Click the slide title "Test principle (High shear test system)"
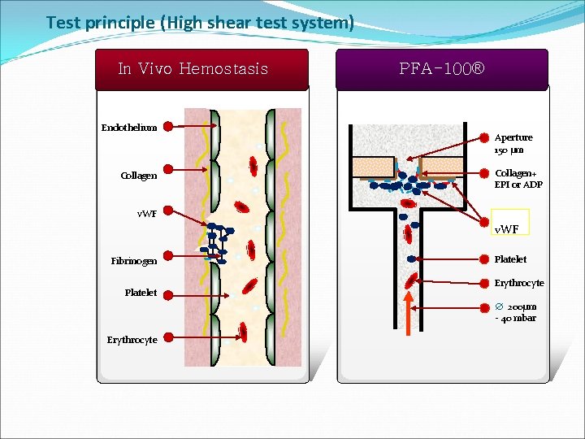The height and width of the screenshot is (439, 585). coord(200,23)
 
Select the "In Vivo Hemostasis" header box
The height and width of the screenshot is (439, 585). coord(193,69)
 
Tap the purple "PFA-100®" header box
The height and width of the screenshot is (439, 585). coord(442,69)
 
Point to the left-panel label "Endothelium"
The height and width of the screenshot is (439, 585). coord(129,128)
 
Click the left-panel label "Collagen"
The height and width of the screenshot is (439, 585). coord(138,176)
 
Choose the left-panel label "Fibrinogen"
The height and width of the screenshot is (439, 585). coord(134,261)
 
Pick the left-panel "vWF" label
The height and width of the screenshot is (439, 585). coord(147,214)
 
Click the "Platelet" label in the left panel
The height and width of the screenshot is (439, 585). coord(141,293)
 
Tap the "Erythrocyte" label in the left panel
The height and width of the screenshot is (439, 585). coord(132,340)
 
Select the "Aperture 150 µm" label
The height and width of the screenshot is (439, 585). coord(513,144)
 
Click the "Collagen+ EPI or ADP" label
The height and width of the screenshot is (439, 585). coord(518,179)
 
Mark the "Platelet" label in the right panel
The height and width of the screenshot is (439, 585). coord(510,259)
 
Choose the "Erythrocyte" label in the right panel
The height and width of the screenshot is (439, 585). coord(518,283)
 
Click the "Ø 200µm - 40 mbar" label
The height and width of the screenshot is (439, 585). coord(516,312)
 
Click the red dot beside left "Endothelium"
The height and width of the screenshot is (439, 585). coord(167,127)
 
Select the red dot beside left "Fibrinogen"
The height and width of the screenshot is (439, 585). coord(167,260)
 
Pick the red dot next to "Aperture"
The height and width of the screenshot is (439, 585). coord(485,138)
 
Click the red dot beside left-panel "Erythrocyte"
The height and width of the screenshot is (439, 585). coord(167,339)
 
